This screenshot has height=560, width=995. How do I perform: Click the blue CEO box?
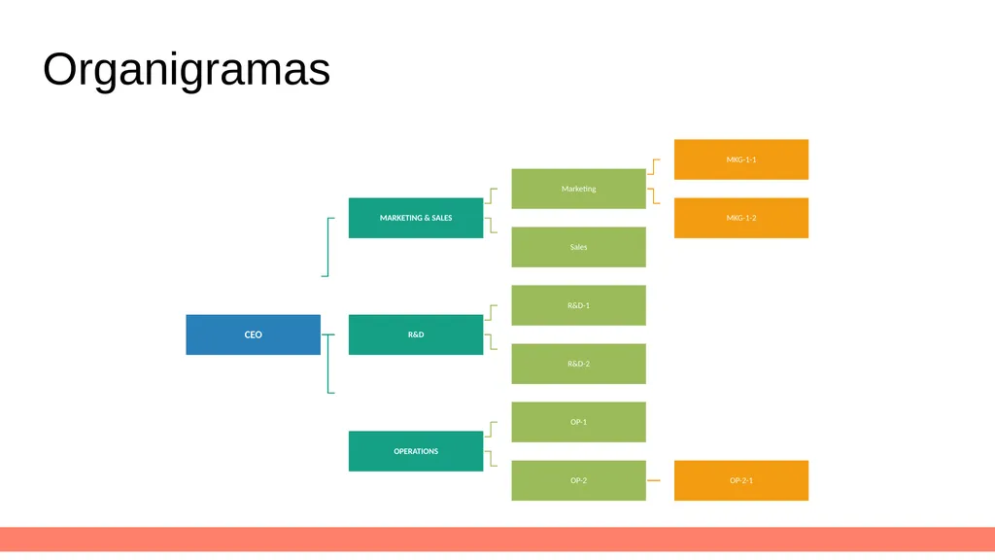[254, 334]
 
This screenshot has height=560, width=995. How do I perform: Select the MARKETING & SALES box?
[416, 218]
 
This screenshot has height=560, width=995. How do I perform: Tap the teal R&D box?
[416, 334]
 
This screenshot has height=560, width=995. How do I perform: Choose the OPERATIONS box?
[416, 451]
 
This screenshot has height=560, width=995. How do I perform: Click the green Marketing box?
[579, 189]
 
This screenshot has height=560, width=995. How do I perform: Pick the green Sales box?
[579, 247]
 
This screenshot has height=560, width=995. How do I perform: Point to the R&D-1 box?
[579, 305]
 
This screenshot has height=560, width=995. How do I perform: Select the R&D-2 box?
[579, 364]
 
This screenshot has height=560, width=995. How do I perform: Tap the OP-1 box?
[579, 422]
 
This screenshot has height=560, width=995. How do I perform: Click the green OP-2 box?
[579, 480]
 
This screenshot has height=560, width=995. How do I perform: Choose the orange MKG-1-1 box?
[741, 159]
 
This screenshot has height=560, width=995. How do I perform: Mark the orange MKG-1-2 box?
[741, 218]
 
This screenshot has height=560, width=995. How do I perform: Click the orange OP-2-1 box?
[741, 480]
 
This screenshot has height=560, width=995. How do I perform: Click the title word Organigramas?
[187, 69]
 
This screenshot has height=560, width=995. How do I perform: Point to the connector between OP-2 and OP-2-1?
[654, 480]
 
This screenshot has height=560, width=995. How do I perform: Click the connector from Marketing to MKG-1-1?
[654, 167]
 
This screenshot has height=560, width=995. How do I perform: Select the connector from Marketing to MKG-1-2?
[654, 195]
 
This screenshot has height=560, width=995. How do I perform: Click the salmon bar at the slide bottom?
[497, 539]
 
